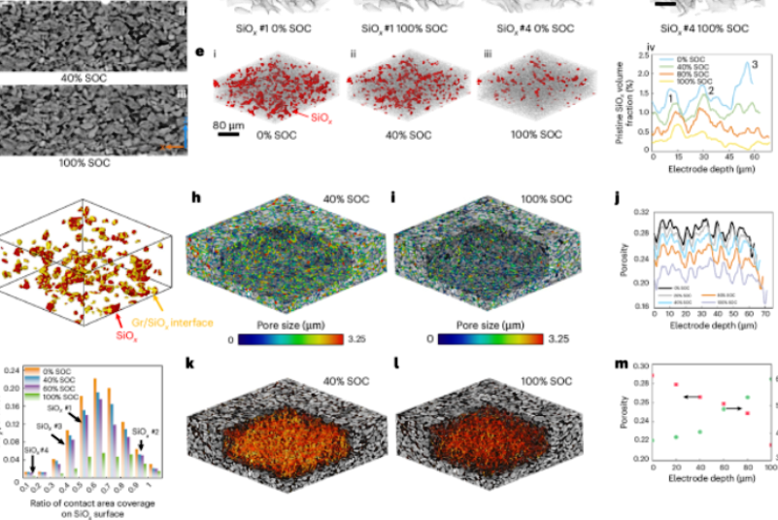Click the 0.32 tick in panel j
(x=639, y=211)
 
